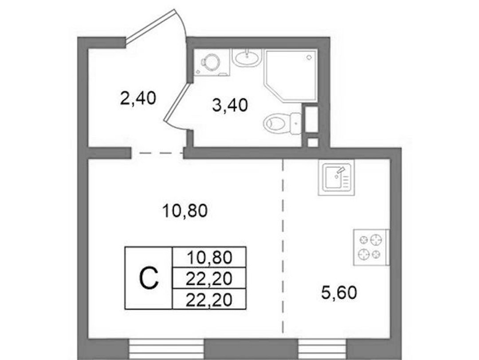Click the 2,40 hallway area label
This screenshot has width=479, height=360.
(138, 99)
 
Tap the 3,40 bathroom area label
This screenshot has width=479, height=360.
(230, 105)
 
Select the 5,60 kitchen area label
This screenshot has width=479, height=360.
(339, 293)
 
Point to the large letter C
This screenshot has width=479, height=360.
(149, 278)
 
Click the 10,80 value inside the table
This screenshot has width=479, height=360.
(209, 257)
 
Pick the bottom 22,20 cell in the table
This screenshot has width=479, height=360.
(209, 300)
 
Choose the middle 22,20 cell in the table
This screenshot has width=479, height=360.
(209, 278)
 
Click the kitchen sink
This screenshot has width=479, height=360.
(336, 178)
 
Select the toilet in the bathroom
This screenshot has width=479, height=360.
(282, 123)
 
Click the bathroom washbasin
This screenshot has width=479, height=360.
(247, 57)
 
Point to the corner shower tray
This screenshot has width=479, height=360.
(290, 76)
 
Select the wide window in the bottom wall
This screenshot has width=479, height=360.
(166, 349)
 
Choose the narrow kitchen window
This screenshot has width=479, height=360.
(323, 349)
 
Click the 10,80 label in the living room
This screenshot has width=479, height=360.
(185, 211)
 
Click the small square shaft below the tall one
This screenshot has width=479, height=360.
(313, 142)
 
